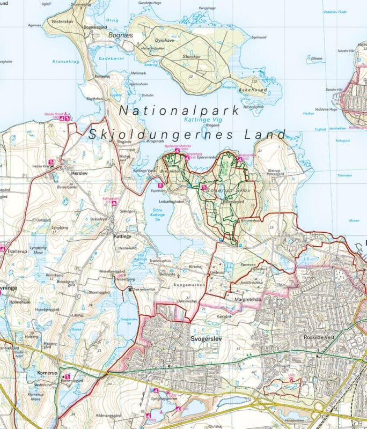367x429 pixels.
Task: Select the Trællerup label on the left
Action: [17, 251]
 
